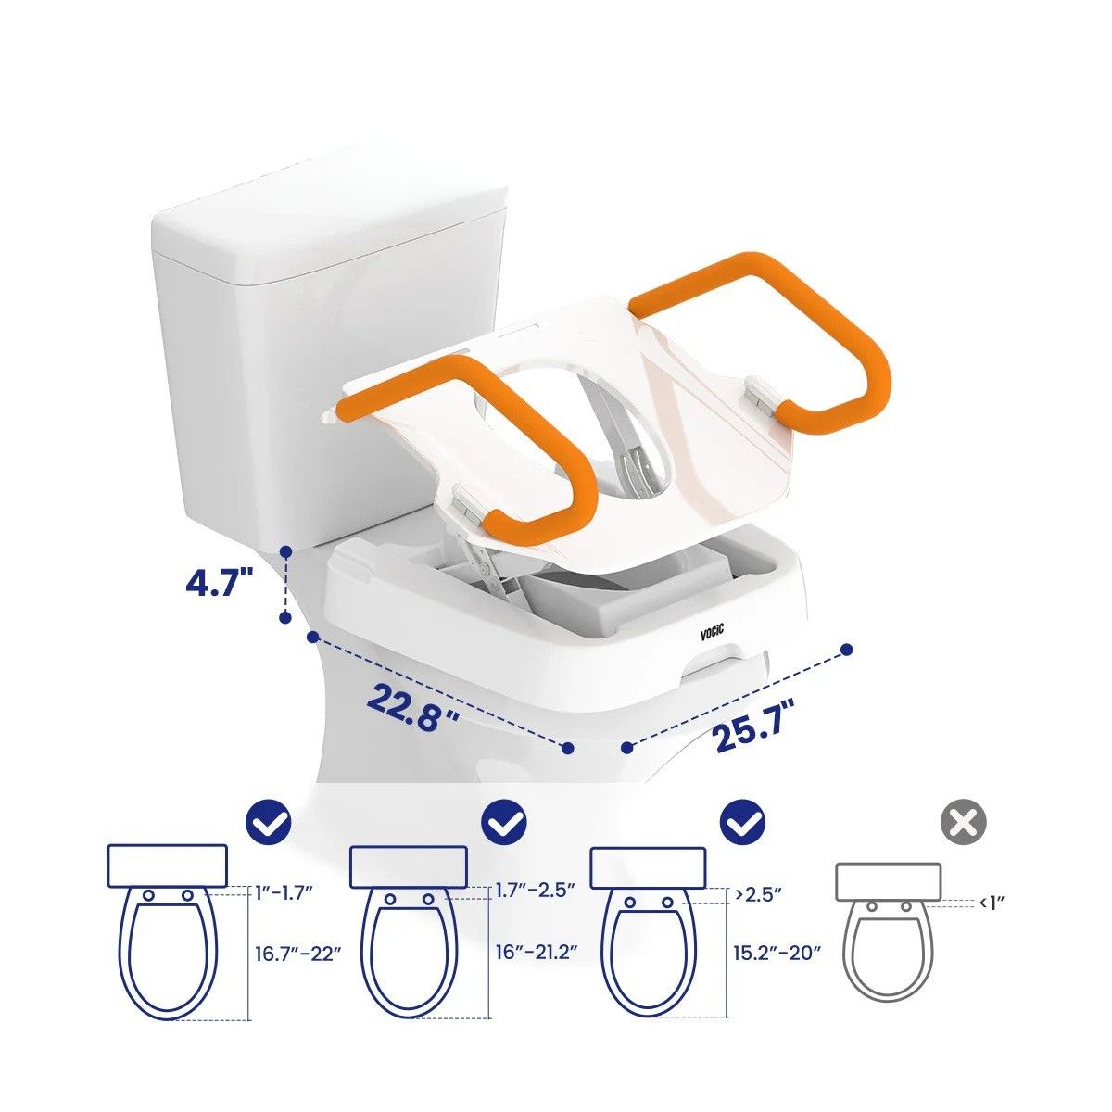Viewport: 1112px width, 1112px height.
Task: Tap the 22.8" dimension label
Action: point(412,707)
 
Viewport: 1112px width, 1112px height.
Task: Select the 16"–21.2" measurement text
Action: point(537,953)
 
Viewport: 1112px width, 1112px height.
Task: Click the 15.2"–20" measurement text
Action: point(777,953)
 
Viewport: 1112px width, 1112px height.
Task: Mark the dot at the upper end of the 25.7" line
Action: point(847,650)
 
